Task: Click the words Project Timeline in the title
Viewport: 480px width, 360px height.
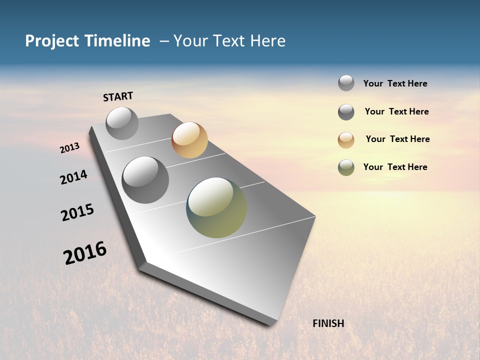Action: click(x=87, y=41)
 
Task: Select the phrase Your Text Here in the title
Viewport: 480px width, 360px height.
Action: click(x=229, y=41)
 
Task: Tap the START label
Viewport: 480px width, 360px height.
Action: click(x=118, y=96)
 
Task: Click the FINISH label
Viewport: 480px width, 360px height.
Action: click(x=328, y=323)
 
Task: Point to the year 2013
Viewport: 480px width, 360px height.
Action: click(x=69, y=148)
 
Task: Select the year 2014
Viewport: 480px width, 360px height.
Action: click(x=73, y=177)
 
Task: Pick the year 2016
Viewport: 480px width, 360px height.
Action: click(x=85, y=253)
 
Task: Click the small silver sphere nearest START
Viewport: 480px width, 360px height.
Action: click(x=122, y=123)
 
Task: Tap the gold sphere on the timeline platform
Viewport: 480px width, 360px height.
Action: click(x=189, y=140)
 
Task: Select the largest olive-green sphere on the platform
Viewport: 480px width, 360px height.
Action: click(x=216, y=207)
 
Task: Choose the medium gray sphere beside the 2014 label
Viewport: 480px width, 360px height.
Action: click(x=145, y=180)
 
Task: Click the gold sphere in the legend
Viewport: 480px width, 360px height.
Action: click(x=346, y=140)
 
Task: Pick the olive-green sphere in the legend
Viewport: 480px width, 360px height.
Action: click(x=346, y=167)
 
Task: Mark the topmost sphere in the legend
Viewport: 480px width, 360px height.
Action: click(x=346, y=83)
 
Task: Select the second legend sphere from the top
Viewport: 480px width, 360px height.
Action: click(x=346, y=112)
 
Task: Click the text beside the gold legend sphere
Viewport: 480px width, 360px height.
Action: click(x=397, y=139)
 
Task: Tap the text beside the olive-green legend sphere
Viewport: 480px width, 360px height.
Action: click(x=395, y=167)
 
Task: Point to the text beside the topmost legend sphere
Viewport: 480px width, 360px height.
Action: click(x=395, y=83)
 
